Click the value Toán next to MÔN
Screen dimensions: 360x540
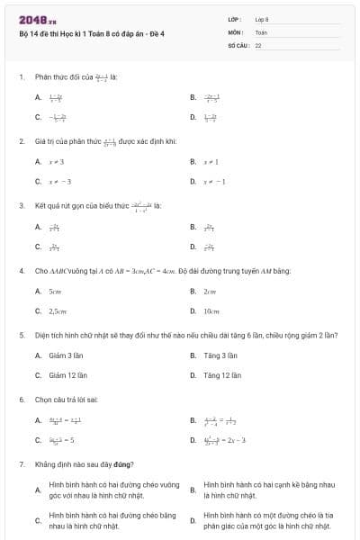[261, 31]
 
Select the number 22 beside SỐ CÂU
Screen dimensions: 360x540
[257, 44]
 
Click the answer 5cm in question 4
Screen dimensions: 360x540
[55, 291]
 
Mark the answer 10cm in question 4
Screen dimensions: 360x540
[211, 310]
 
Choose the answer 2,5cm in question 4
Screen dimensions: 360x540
[58, 310]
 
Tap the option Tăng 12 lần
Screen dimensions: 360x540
[221, 375]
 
